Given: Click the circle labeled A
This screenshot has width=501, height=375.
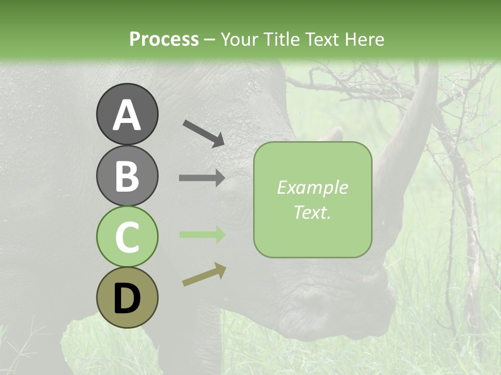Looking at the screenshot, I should coord(127,114).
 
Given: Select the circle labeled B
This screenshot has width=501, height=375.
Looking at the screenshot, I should coord(127,176).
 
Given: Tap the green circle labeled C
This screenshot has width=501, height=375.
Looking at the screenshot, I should coord(127,237).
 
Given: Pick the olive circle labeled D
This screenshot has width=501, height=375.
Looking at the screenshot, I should coord(127,298).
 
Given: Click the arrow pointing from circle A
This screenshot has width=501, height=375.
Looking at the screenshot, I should coord(204,133).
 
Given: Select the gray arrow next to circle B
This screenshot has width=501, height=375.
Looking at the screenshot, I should coord(202,178).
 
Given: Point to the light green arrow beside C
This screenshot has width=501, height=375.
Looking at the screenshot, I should coord(202,235).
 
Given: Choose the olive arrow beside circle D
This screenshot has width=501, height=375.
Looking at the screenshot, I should coord(204,274).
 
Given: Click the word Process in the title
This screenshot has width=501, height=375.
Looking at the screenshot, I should coord(164,39).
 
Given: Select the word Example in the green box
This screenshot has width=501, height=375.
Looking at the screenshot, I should coord(313,187).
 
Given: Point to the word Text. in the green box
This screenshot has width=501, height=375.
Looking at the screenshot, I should coord(313,212).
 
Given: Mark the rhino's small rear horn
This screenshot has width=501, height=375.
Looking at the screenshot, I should coord(332,134).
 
